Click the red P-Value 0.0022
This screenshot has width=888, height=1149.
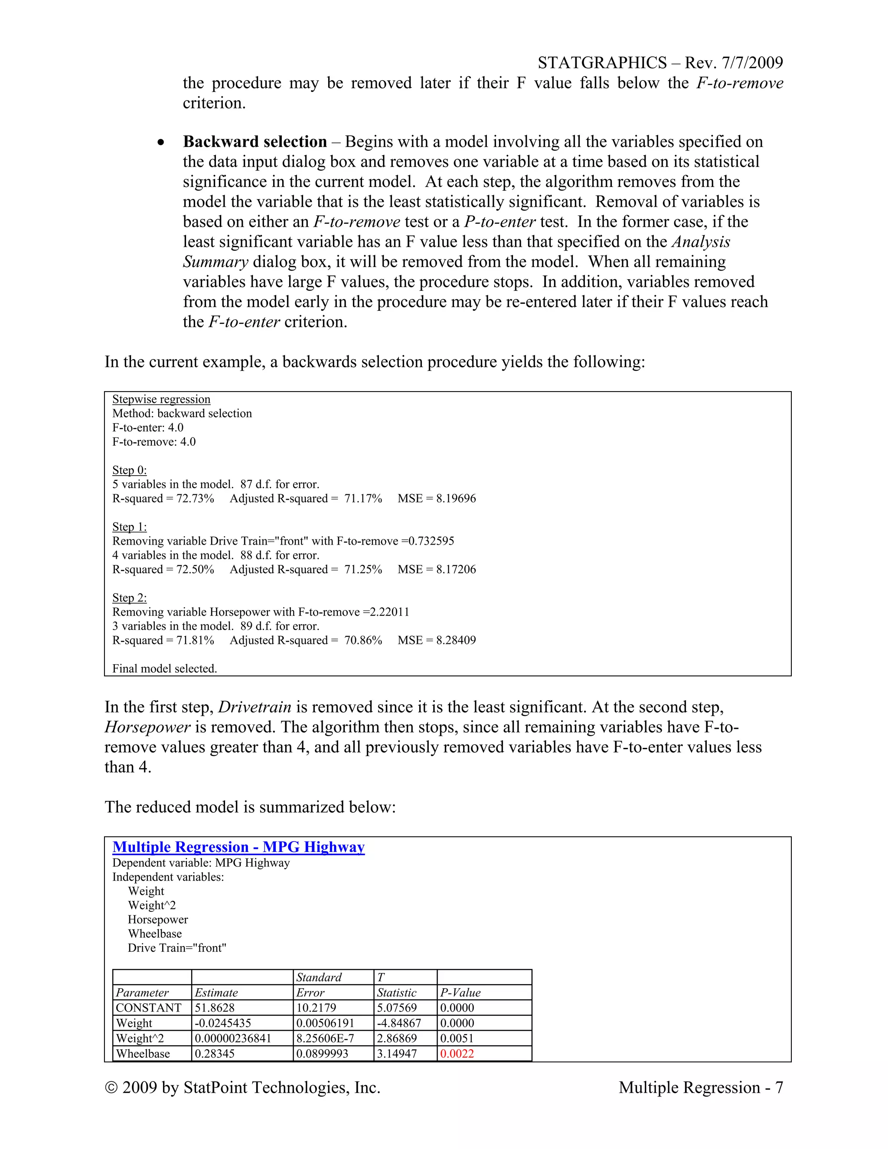pos(457,1054)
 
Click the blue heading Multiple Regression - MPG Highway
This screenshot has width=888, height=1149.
pos(238,847)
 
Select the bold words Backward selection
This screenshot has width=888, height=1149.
pos(255,142)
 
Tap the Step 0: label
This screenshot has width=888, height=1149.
pos(129,470)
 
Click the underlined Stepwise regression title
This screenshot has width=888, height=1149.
pos(161,399)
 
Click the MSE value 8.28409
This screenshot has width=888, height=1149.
pos(456,640)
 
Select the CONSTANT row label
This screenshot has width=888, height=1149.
pos(148,1008)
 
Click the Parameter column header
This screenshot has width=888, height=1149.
pos(142,993)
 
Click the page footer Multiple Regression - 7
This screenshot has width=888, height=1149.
pos(701,1087)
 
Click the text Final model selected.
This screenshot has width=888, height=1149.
pos(165,669)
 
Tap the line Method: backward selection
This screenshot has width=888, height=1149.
pos(182,414)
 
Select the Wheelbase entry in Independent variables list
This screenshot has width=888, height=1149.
pos(155,934)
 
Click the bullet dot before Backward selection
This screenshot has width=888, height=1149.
pos(161,143)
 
